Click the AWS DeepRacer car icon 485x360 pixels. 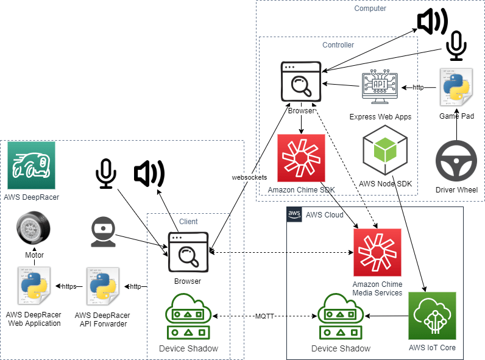pos(31,165)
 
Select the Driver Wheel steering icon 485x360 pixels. pos(456,162)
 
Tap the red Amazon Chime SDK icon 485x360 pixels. pos(301,158)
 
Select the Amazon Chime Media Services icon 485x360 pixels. pos(377,253)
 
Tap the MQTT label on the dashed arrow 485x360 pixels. pos(264,316)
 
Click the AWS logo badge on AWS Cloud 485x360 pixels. pos(294,214)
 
